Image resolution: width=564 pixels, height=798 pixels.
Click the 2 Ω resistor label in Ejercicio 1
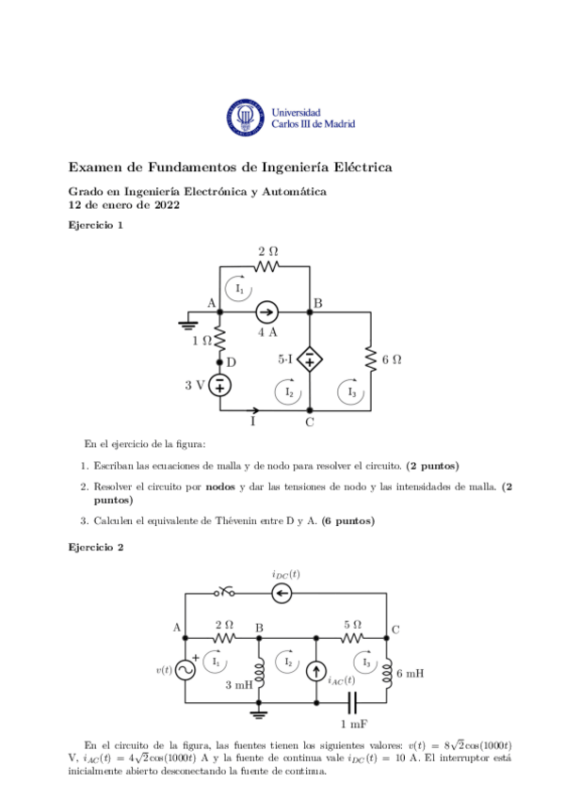click(x=267, y=251)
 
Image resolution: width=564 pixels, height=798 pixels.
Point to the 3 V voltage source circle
click(x=220, y=385)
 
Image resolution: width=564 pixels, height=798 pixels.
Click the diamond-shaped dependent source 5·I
click(x=310, y=360)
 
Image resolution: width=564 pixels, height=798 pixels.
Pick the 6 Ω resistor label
click(x=392, y=359)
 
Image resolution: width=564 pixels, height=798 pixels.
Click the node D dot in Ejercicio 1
click(x=220, y=361)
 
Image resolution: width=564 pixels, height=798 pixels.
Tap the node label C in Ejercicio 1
click(x=310, y=422)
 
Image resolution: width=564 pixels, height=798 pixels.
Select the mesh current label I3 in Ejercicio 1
click(x=353, y=391)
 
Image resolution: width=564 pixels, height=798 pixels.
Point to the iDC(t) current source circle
click(x=283, y=592)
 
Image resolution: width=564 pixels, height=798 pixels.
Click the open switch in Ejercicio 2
click(x=224, y=592)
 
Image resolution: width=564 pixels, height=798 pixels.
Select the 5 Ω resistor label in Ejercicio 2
click(x=352, y=623)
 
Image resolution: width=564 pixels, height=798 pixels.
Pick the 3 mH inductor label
click(x=239, y=686)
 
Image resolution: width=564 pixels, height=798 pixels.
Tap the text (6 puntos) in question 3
click(x=347, y=520)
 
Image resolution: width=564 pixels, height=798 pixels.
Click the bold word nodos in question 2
click(x=219, y=486)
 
